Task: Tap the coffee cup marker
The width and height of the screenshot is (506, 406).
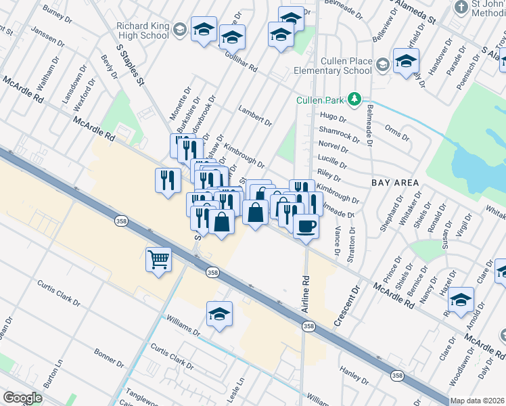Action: [x=306, y=225]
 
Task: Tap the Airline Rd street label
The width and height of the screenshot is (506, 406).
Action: [x=306, y=284]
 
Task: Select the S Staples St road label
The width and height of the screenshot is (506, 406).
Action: [x=131, y=66]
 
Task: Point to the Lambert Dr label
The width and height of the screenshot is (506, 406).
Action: [x=255, y=116]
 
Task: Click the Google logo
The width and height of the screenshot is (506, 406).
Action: [x=23, y=398]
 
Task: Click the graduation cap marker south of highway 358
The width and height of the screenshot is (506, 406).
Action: [x=219, y=314]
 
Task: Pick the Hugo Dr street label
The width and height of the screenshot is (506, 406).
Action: [x=332, y=117]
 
